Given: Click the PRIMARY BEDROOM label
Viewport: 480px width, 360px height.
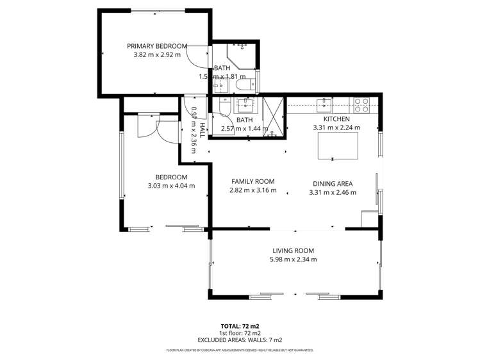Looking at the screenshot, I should (157, 46).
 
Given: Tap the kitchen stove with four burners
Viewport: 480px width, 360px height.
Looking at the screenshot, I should (361, 101).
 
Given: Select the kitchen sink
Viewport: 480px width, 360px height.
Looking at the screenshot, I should (325, 102).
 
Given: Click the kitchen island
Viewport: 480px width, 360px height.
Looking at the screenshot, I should (338, 149).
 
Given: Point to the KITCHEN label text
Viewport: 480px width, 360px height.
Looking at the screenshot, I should (336, 119).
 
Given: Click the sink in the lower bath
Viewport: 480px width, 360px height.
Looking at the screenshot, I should (245, 103).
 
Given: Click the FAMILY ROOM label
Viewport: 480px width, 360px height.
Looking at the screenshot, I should (252, 181).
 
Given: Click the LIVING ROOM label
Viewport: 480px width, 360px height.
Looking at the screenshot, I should (293, 250).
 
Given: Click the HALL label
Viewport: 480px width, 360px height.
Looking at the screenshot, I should (201, 131).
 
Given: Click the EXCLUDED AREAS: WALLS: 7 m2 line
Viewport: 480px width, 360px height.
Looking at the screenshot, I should (240, 340).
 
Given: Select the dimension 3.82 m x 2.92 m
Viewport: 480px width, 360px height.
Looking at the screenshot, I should (157, 55).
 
